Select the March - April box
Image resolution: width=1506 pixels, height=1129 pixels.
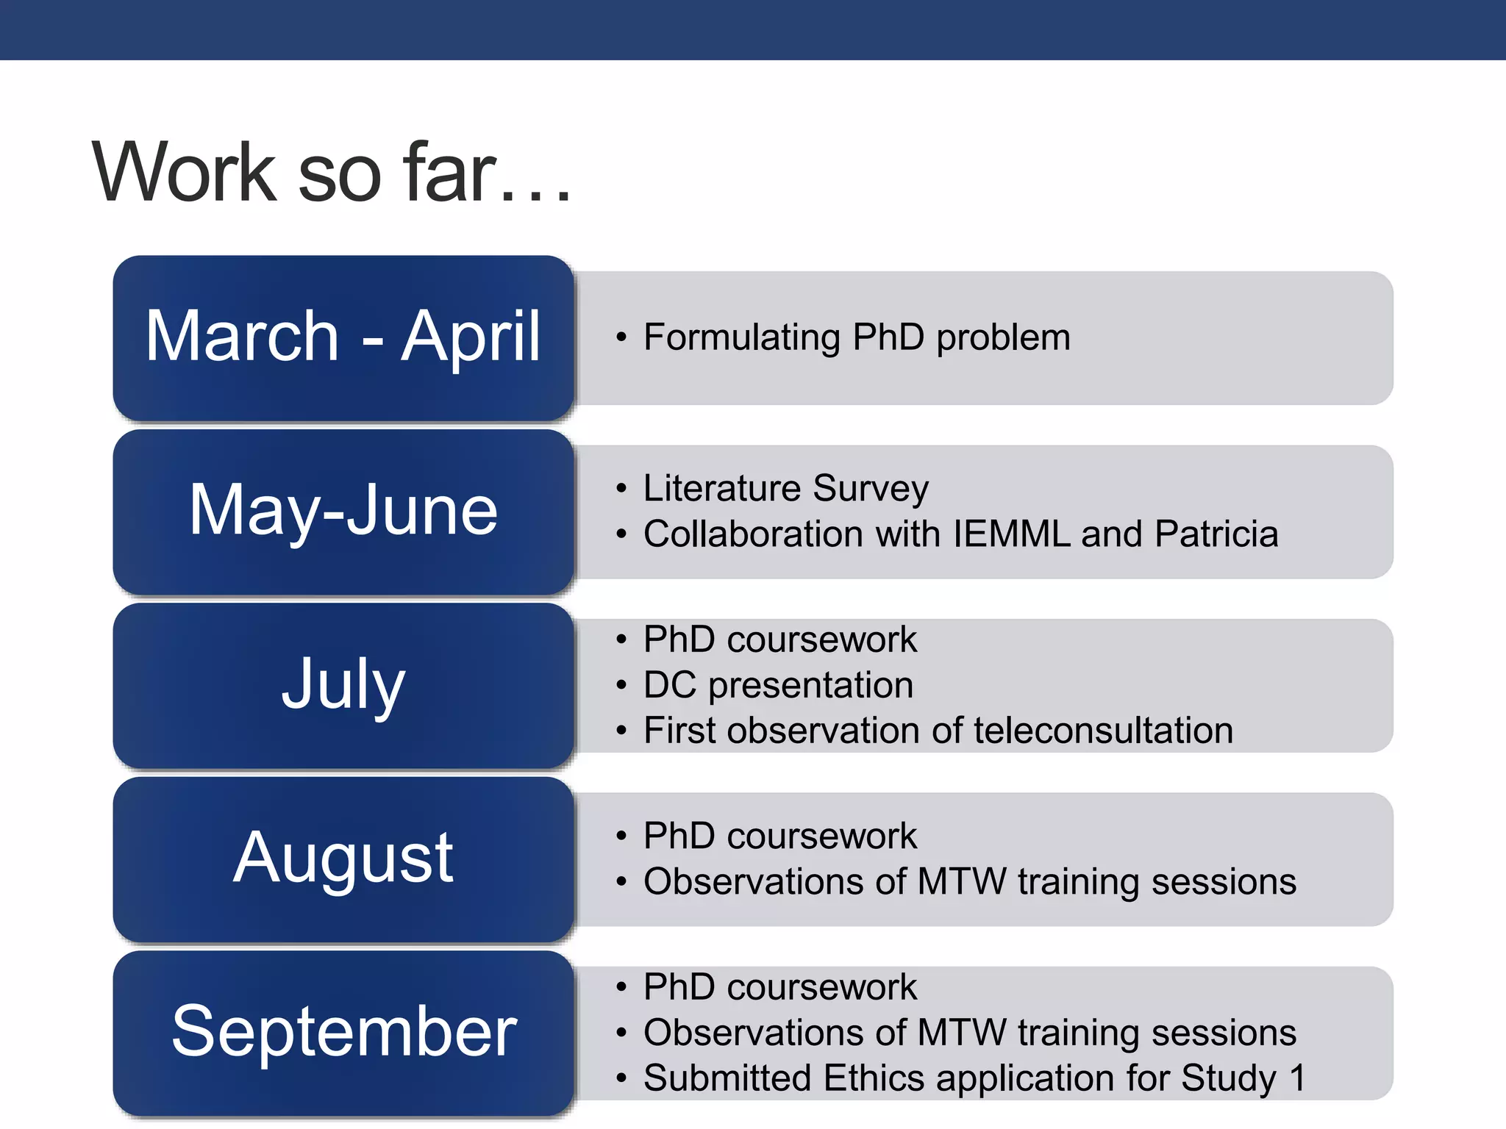pos(343,337)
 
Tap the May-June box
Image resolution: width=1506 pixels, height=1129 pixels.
pos(343,511)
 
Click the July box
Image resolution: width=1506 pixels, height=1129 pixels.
pos(343,684)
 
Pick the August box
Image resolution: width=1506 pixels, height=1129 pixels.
pos(343,858)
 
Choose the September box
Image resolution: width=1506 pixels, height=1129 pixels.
pos(343,1031)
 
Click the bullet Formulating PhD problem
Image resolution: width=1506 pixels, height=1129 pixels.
pos(857,337)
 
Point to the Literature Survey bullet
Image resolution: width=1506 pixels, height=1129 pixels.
pos(785,488)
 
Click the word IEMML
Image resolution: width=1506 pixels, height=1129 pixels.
pos(1011,534)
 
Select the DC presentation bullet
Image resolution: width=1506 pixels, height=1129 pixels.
pos(778,685)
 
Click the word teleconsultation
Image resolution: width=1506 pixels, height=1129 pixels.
pos(1103,731)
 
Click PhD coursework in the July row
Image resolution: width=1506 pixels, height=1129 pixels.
pos(779,639)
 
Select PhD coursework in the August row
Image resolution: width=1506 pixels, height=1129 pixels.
pos(779,836)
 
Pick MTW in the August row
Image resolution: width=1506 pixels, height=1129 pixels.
pos(962,881)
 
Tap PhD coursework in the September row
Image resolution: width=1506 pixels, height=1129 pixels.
pos(779,987)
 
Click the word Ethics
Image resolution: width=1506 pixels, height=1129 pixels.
pos(874,1078)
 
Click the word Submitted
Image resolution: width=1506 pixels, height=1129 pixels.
pos(727,1078)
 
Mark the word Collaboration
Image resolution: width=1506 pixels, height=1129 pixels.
pos(753,534)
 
